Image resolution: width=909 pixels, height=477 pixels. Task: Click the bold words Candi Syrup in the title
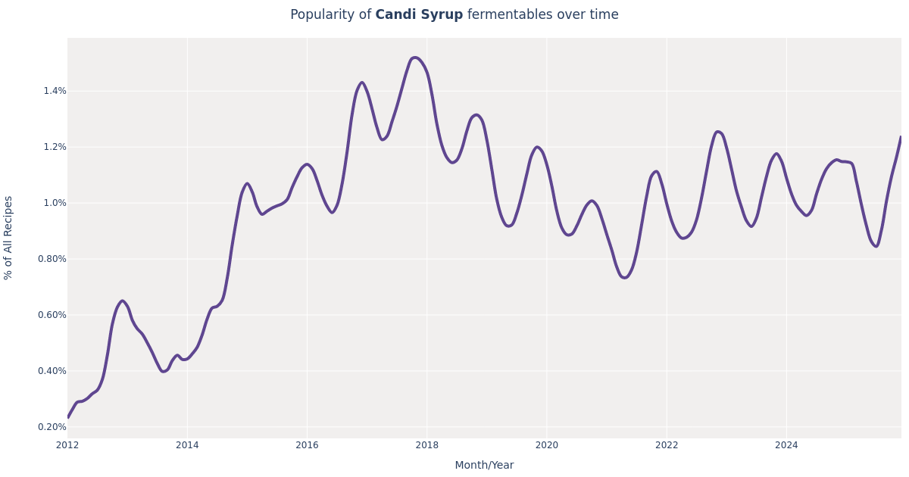419,15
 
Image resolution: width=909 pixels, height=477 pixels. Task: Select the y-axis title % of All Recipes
8,238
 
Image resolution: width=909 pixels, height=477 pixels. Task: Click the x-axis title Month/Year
484,466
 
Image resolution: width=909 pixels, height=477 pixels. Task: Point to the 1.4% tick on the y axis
55,91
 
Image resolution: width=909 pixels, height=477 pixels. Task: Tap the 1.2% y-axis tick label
55,147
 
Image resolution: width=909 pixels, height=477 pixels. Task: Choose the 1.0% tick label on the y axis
55,203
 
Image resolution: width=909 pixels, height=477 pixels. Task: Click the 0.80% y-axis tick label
52,259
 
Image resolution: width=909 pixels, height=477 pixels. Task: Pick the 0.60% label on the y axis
52,315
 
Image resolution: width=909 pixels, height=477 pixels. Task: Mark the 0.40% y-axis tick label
52,371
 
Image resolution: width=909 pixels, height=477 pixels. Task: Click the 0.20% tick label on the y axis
52,427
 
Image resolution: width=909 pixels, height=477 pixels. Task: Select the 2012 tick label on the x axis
67,445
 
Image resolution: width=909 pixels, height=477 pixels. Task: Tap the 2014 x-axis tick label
187,445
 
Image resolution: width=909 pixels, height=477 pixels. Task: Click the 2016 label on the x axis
307,445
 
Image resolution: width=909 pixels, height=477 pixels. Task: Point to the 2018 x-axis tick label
426,445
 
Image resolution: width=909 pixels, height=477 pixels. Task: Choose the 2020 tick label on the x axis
547,445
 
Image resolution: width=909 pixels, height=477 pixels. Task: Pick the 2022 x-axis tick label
667,445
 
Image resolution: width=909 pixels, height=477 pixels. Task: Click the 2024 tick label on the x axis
786,445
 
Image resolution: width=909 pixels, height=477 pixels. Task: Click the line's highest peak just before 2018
414,58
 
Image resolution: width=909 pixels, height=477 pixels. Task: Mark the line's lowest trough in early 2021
624,278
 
